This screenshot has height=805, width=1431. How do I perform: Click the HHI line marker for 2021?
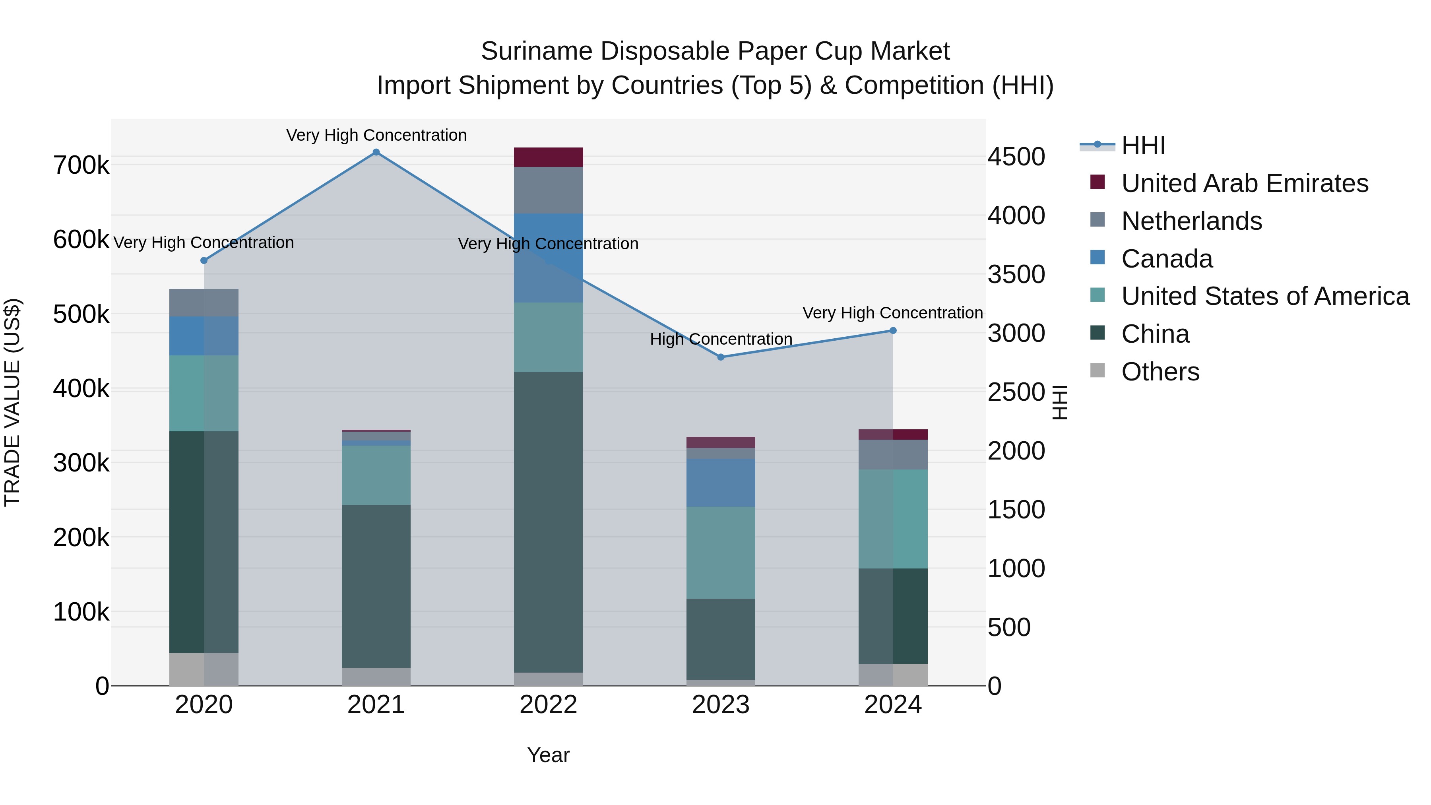point(376,152)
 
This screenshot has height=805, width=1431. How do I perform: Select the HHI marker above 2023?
point(721,357)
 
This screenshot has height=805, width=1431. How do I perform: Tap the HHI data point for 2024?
point(893,331)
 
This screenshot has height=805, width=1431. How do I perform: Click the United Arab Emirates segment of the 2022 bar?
point(548,157)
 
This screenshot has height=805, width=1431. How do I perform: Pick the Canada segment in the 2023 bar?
point(721,483)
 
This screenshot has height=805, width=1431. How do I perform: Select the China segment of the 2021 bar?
point(376,586)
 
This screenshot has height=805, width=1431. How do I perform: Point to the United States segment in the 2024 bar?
point(893,519)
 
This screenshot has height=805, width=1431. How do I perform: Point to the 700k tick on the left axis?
point(81,165)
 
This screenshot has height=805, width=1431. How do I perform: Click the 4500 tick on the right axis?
point(1016,157)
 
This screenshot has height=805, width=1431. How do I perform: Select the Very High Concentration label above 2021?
point(376,135)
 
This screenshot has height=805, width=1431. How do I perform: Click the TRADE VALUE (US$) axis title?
point(12,402)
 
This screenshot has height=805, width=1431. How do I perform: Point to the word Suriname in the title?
point(537,51)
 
